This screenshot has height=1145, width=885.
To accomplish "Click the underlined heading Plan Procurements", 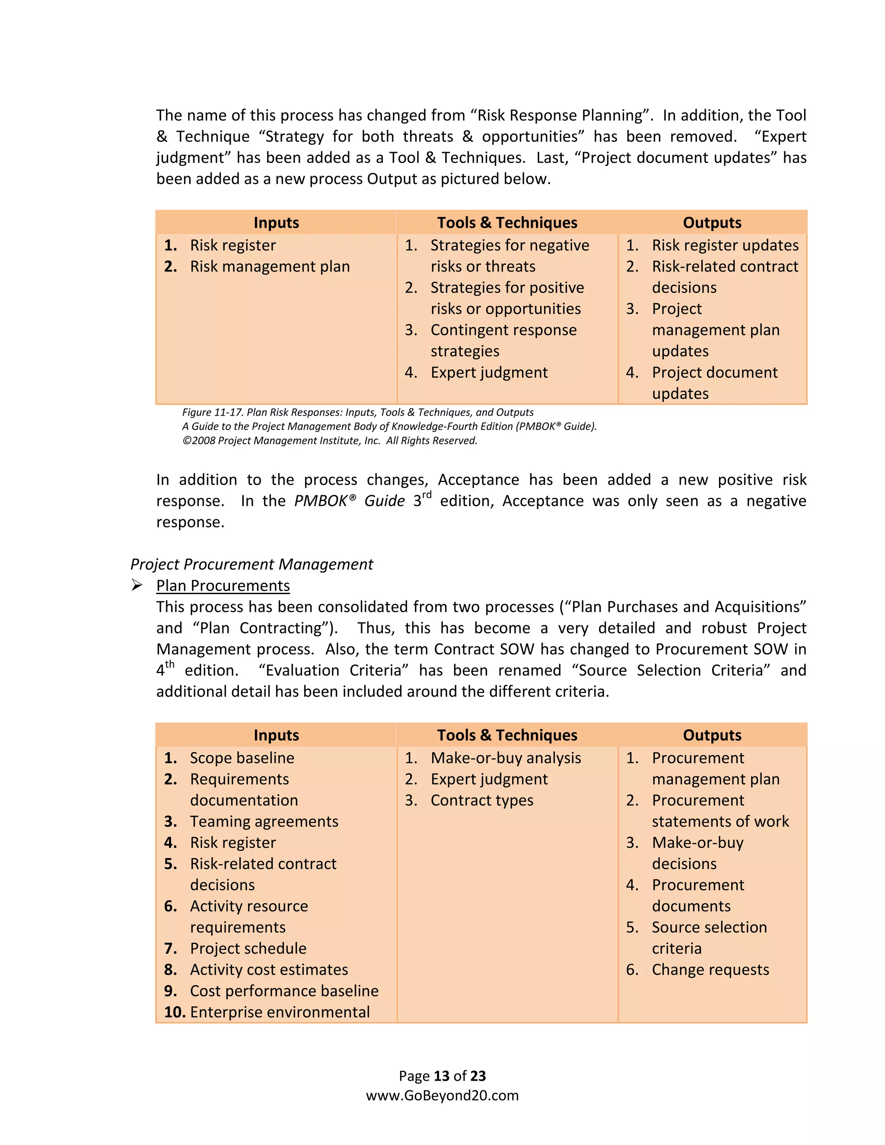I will click(223, 585).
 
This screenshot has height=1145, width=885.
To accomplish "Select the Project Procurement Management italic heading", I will click(251, 564).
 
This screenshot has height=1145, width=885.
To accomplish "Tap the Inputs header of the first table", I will click(276, 223).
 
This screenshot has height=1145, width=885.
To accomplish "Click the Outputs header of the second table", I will click(712, 735).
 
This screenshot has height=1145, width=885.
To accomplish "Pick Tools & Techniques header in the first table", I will click(507, 223).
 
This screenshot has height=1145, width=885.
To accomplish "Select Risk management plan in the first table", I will click(270, 266).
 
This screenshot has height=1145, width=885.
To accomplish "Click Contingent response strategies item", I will click(503, 340).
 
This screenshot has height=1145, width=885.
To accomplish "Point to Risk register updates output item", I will click(725, 245).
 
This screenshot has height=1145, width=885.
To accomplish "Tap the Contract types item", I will click(482, 800).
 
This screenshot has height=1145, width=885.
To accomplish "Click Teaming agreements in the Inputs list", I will click(264, 821).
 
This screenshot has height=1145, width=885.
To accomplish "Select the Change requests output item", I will click(710, 970).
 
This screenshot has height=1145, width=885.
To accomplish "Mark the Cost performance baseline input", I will click(284, 990).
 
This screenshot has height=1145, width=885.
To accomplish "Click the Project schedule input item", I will click(248, 948).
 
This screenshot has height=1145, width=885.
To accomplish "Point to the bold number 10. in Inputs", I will click(175, 1012).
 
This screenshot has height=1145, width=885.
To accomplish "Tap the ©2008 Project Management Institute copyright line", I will click(330, 441).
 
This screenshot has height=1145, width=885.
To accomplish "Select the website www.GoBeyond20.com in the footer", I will click(442, 1095).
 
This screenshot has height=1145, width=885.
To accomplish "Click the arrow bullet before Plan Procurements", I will click(137, 585).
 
